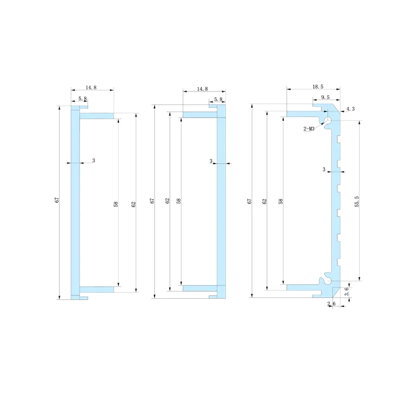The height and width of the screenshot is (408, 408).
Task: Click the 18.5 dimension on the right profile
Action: click(318, 86)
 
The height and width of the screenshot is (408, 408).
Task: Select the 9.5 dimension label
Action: click(325, 97)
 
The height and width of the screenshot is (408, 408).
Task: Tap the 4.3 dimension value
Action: click(350, 109)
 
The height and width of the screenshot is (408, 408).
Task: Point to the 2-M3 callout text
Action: click(309, 128)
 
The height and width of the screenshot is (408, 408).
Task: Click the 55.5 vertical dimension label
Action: click(357, 201)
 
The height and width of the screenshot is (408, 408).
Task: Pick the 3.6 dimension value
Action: click(347, 292)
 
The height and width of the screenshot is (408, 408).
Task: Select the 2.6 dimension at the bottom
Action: click(331, 304)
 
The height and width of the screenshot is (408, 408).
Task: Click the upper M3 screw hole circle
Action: click(327, 120)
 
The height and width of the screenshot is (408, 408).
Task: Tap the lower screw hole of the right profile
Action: click(327, 281)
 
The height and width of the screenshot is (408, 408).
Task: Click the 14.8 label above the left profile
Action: click(91, 88)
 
